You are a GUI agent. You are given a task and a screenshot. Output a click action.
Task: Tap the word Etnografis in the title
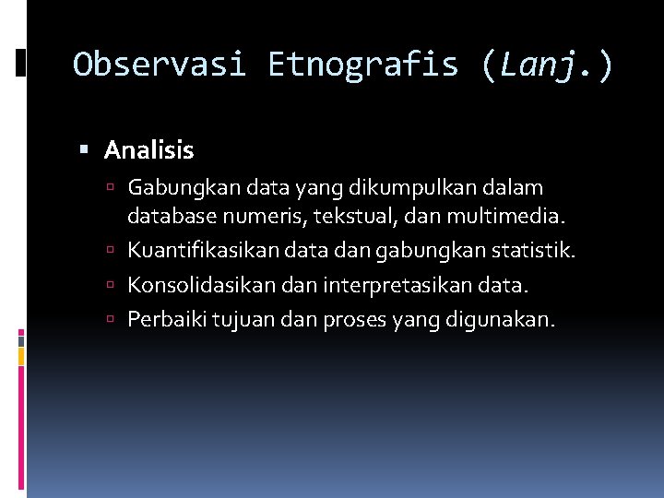(x=362, y=65)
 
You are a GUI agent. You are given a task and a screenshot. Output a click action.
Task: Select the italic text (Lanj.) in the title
(x=546, y=65)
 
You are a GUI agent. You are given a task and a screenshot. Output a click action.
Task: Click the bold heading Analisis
(x=149, y=149)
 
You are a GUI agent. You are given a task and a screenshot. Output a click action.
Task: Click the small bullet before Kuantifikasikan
(x=111, y=251)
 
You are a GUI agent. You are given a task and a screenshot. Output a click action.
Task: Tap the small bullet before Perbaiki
(x=111, y=320)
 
